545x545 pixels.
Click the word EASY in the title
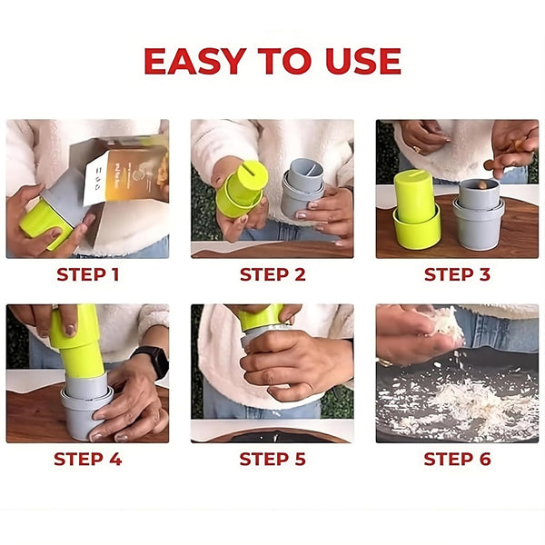[195, 61]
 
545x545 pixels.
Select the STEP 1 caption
[88, 274]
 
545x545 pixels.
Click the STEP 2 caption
[272, 274]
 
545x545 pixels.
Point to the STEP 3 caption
[457, 274]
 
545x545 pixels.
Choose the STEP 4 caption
[88, 459]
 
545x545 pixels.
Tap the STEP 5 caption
[272, 459]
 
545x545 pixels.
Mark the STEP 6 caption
[457, 459]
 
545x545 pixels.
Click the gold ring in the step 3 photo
[417, 150]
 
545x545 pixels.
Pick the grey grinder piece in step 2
[302, 188]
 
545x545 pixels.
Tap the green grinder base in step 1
[45, 223]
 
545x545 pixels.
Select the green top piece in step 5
[261, 317]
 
